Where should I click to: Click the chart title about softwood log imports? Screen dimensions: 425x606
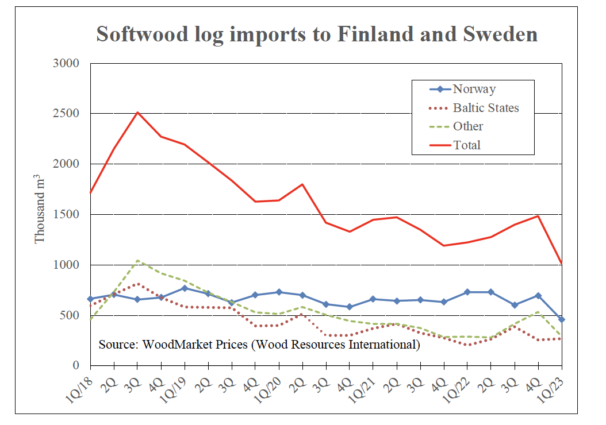point(317,34)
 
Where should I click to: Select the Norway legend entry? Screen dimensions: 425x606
point(474,89)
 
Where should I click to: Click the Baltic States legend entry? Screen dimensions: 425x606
point(485,108)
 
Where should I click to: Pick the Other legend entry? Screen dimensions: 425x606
point(468,126)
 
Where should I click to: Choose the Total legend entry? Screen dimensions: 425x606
point(466,145)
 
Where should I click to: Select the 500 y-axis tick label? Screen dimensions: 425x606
point(71,315)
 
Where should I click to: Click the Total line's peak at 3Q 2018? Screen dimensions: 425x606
point(137,113)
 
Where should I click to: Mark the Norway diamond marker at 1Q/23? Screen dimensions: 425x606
point(562,319)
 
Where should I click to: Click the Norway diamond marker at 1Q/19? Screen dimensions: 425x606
point(185,288)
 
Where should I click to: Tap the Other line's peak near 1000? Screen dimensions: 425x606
point(137,261)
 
